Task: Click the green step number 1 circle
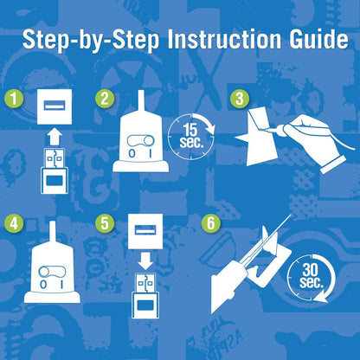[x=14, y=99]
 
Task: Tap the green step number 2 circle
[x=105, y=99]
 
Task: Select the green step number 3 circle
[x=240, y=99]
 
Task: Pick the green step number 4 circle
[x=14, y=223]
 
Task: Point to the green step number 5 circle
[x=105, y=223]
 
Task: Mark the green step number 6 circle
[x=211, y=223]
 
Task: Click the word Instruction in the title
[x=224, y=39]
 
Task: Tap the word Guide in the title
[x=319, y=39]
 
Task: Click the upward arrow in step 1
[x=54, y=138]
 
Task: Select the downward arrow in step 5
[x=145, y=260]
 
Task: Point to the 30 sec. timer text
[x=311, y=276]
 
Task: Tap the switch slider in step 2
[x=140, y=141]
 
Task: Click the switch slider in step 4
[x=52, y=272]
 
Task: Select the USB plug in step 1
[x=55, y=171]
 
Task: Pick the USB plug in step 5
[x=145, y=296]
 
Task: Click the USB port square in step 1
[x=55, y=106]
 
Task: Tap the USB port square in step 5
[x=145, y=231]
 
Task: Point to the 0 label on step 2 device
[x=132, y=154]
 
